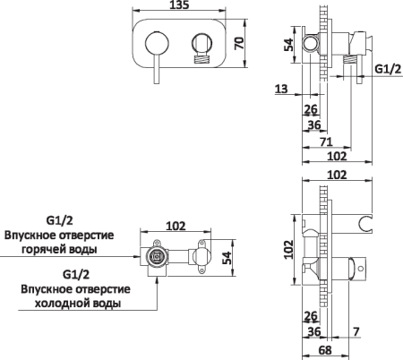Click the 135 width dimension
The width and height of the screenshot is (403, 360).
[x=178, y=7]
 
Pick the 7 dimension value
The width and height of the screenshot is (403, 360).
[x=357, y=333]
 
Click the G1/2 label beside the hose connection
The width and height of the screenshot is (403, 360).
[x=387, y=68]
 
